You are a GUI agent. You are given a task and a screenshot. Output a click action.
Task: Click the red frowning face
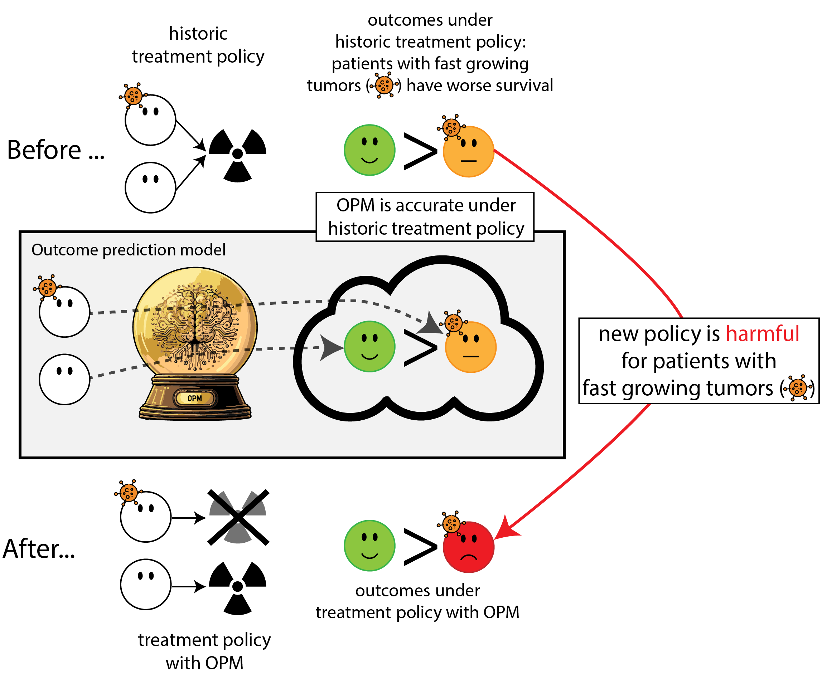point(469,547)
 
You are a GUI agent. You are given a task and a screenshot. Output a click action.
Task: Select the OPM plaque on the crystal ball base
point(194,398)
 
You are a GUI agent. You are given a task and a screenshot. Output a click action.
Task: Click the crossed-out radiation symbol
point(238,517)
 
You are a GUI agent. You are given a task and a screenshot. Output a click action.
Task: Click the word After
point(38,549)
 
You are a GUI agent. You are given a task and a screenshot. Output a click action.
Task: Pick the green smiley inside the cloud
point(369,347)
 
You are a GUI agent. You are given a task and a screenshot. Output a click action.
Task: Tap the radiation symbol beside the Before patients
point(238,154)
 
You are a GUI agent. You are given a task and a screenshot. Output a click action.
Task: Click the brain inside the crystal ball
point(194,321)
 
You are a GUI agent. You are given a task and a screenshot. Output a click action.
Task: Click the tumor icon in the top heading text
point(384,85)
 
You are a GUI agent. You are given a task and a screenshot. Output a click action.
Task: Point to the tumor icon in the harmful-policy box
point(798,387)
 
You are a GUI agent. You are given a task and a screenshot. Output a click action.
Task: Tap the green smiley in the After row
point(369,545)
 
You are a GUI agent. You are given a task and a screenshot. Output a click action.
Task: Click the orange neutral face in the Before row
point(469,151)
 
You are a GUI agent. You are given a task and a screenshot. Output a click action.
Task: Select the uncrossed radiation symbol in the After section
point(238,587)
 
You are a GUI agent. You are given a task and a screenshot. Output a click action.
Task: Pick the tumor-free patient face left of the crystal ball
point(64,379)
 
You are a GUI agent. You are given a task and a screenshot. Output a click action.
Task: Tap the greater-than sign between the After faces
point(420,546)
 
